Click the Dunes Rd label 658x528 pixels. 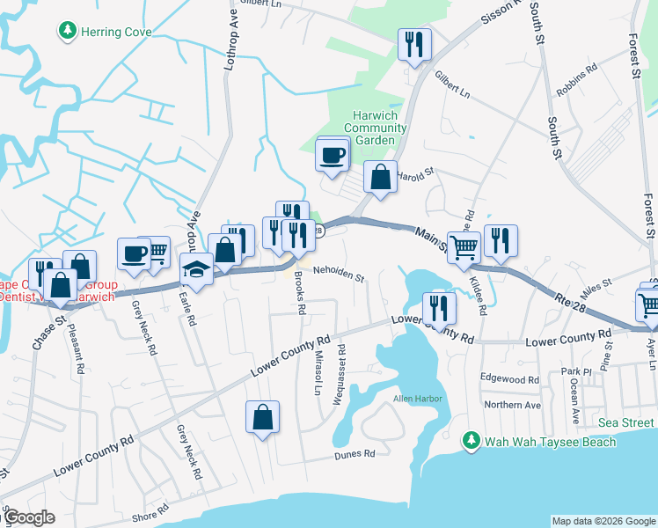(x=355, y=454)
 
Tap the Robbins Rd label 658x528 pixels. (x=576, y=67)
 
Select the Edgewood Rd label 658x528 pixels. (x=509, y=379)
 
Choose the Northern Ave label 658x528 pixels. (x=512, y=405)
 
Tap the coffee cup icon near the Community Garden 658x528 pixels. (x=333, y=156)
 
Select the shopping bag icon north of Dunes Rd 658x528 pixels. (x=263, y=417)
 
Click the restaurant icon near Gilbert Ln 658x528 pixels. (x=413, y=45)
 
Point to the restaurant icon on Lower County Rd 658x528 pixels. (x=438, y=308)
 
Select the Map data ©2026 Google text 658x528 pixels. (x=603, y=521)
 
